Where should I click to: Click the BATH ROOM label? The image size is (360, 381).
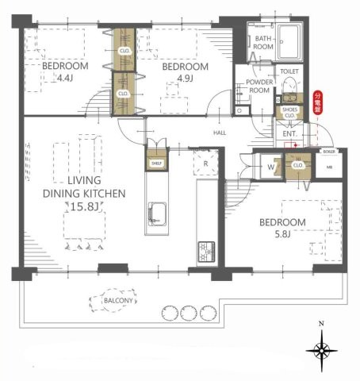pyautogui.click(x=264, y=43)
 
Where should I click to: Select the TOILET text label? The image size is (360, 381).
pyautogui.click(x=289, y=71)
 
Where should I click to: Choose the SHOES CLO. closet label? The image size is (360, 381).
pyautogui.click(x=289, y=113)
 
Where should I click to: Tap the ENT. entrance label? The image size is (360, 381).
pyautogui.click(x=289, y=135)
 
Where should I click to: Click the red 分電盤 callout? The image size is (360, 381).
pyautogui.click(x=319, y=103)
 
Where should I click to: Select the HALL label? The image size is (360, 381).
pyautogui.click(x=220, y=134)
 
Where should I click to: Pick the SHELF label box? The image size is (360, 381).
pyautogui.click(x=155, y=164)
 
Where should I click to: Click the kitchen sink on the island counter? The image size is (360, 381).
pyautogui.click(x=155, y=214)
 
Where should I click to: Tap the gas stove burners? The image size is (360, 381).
pyautogui.click(x=207, y=250)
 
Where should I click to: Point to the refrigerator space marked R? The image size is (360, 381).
pyautogui.click(x=206, y=164)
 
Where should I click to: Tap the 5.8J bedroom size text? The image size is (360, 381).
pyautogui.click(x=283, y=234)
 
